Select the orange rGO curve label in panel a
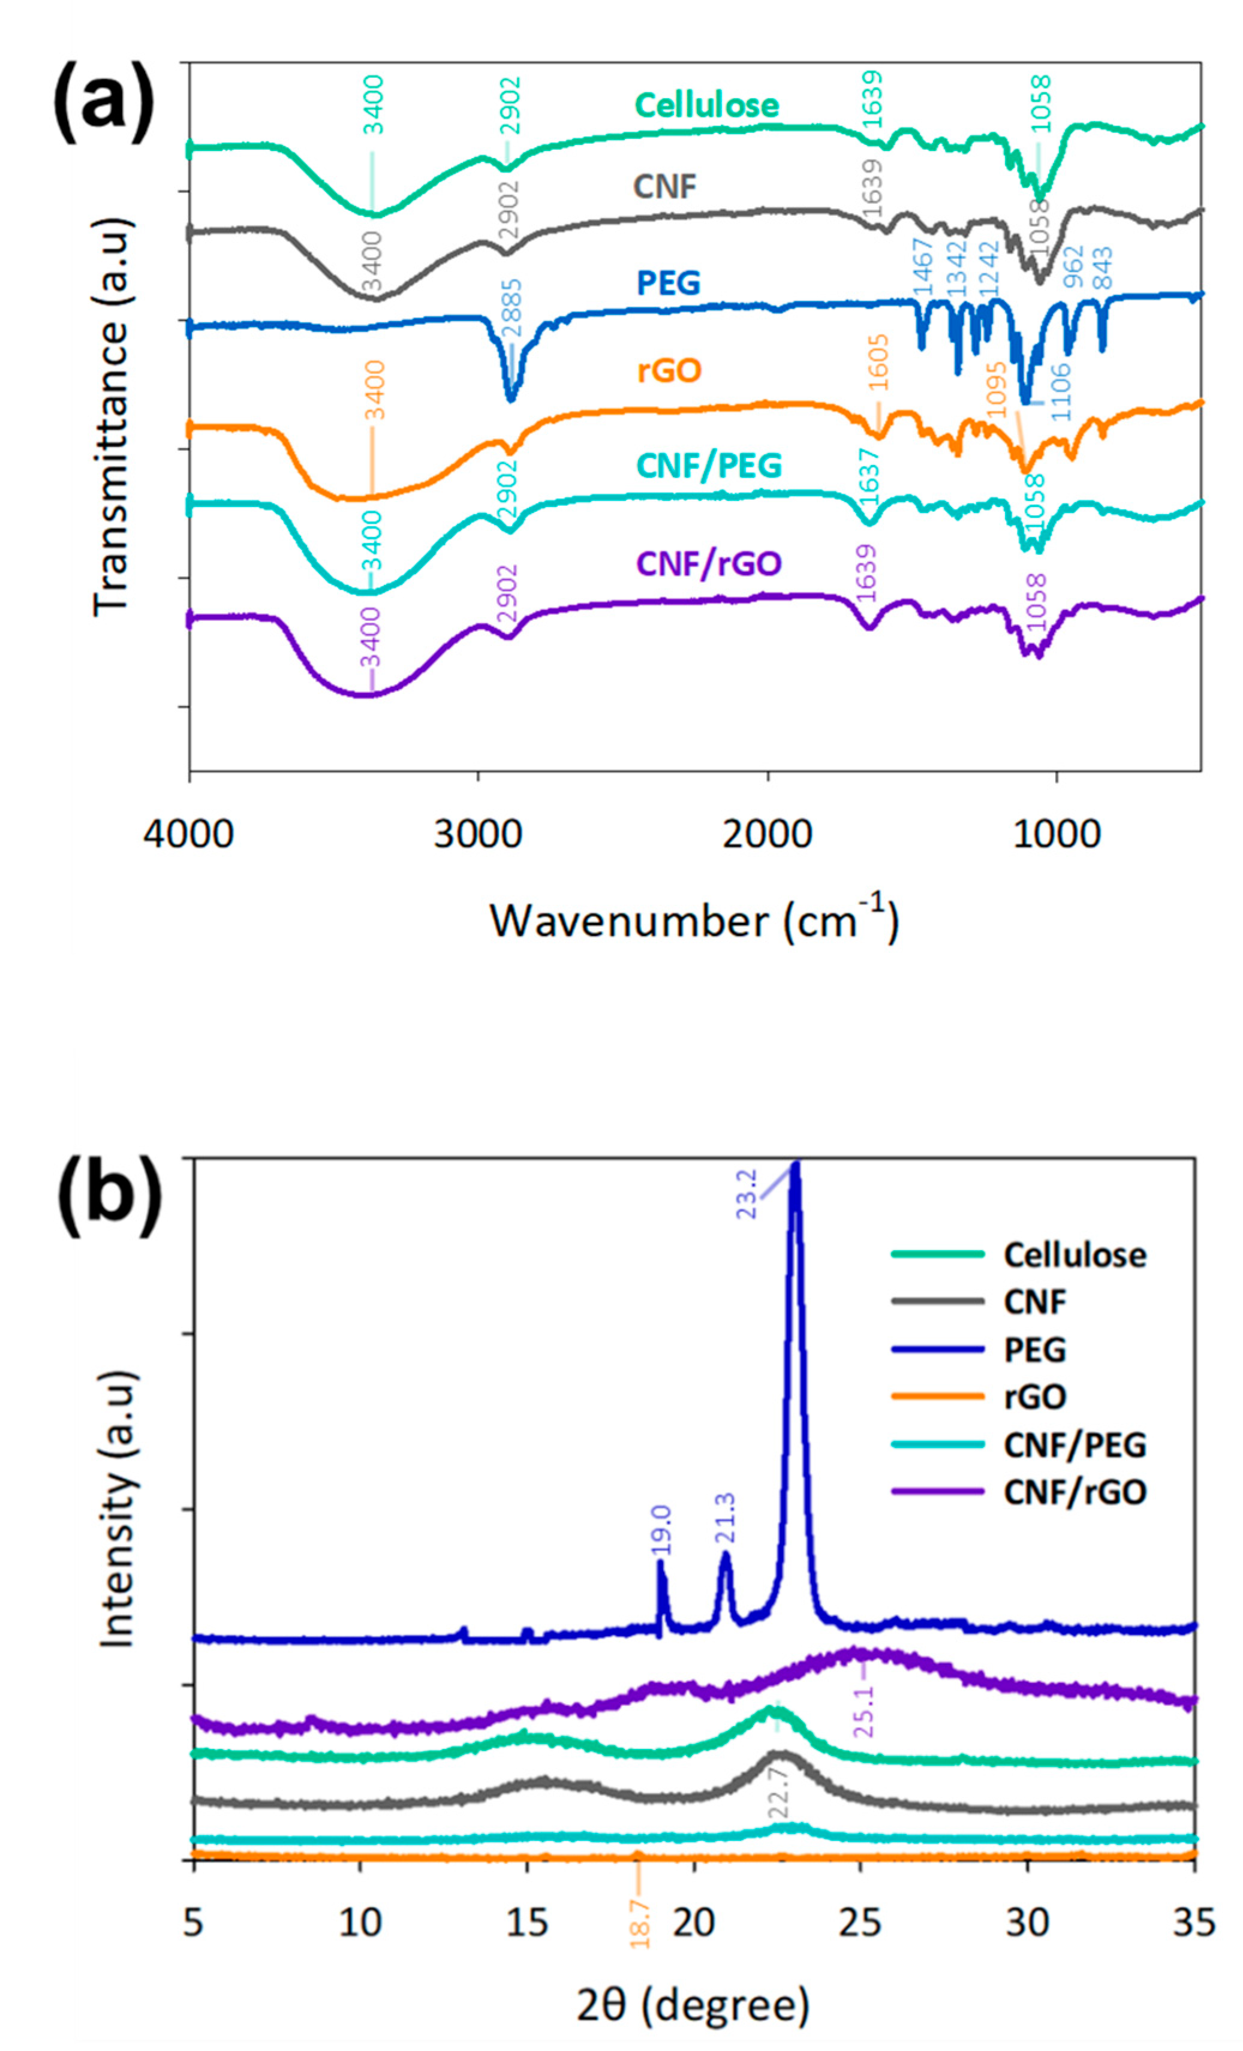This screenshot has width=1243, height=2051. (669, 370)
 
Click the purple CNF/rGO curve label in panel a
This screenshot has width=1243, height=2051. (709, 563)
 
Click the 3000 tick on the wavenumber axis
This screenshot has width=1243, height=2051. (478, 833)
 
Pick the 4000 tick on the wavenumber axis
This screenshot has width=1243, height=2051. (188, 833)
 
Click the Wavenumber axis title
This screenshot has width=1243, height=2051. (694, 921)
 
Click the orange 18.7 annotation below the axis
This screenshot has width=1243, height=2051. (639, 1922)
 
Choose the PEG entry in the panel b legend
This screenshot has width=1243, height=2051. (1034, 1349)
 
